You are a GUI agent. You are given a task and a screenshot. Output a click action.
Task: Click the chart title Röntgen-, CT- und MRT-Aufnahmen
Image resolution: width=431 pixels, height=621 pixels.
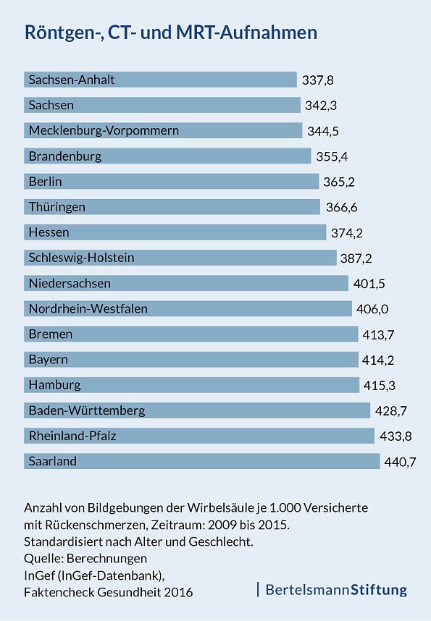tap(171, 33)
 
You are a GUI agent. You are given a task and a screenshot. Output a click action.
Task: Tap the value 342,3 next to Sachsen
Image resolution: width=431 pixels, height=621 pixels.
tap(321, 106)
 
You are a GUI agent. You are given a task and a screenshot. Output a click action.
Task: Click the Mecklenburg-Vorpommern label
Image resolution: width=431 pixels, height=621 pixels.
tap(104, 131)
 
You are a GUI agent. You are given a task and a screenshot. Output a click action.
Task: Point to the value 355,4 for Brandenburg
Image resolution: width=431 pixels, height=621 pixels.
tap(332, 156)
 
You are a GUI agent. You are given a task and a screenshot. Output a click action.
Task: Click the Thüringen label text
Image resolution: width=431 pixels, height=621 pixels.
tap(57, 207)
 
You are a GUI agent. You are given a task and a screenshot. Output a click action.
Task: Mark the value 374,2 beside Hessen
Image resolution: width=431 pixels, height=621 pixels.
tap(346, 233)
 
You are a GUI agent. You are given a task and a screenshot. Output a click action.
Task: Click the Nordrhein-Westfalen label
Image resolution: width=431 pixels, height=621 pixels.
tap(88, 309)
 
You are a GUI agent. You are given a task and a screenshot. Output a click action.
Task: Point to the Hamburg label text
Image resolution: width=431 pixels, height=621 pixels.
tap(54, 385)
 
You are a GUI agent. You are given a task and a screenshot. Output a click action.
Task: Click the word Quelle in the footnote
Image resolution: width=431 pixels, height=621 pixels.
tap(44, 558)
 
